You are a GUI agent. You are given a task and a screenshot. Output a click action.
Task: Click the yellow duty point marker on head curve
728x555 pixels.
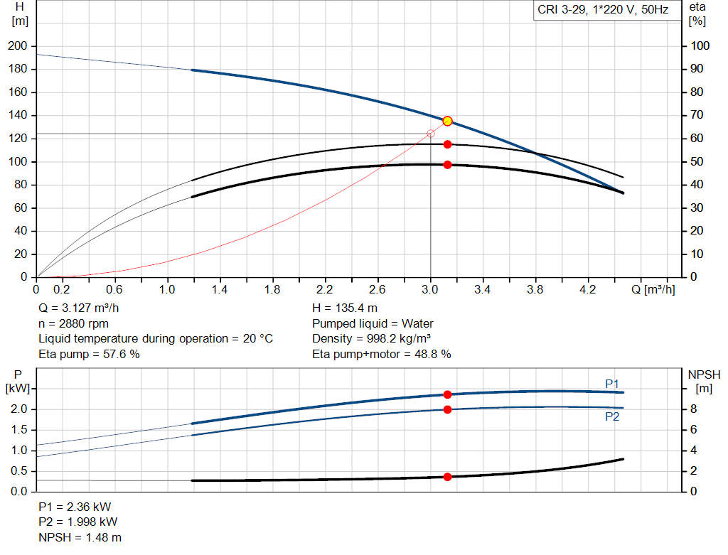click(x=447, y=121)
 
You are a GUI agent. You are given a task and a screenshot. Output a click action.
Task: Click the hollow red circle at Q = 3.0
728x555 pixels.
click(x=430, y=134)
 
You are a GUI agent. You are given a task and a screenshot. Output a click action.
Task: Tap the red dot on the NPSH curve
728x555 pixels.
click(x=447, y=477)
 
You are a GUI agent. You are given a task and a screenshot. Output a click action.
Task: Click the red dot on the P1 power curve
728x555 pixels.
click(x=447, y=394)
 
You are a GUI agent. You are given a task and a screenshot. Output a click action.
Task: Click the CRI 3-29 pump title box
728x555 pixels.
click(x=603, y=11)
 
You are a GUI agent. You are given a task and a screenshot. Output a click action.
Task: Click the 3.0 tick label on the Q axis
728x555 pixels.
click(x=429, y=290)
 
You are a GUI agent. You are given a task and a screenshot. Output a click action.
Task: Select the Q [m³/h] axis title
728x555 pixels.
click(x=653, y=290)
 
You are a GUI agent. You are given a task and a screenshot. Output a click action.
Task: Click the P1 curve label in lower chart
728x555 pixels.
click(x=612, y=384)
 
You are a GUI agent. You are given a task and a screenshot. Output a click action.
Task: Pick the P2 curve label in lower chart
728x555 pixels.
click(x=612, y=417)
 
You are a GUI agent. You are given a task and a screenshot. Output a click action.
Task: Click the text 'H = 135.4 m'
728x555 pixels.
click(x=344, y=308)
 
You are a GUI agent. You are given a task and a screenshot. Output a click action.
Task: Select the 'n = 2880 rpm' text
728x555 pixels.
click(x=73, y=323)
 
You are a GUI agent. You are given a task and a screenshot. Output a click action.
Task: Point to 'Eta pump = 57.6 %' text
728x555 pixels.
click(x=89, y=354)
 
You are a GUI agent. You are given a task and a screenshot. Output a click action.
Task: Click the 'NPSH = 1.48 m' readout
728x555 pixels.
click(x=75, y=537)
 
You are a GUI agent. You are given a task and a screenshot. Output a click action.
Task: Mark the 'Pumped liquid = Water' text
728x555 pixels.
click(x=373, y=323)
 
